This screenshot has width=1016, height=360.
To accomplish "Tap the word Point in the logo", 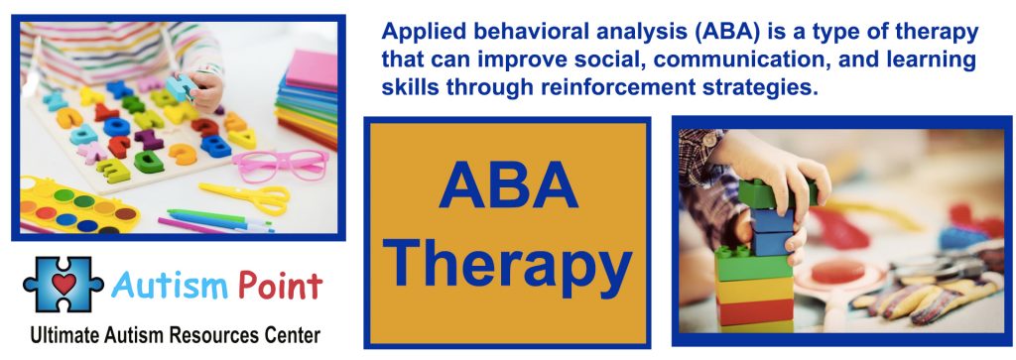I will click(x=279, y=287).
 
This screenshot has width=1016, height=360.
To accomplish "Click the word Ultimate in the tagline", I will click(x=66, y=334).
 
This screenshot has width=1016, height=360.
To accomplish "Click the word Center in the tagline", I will click(x=293, y=334).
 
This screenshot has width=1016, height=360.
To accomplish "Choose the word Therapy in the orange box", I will click(x=508, y=263).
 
